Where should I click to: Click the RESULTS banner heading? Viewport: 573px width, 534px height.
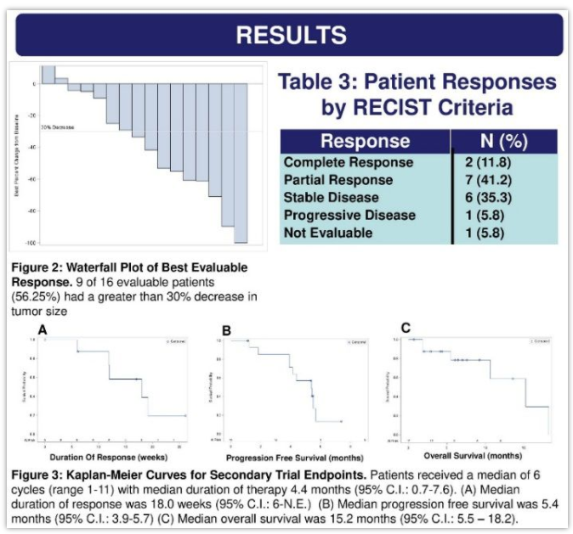291,36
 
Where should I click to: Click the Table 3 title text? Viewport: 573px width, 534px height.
417,95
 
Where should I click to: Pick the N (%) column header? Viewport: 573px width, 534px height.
502,141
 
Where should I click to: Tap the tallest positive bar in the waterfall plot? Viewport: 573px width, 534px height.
48,76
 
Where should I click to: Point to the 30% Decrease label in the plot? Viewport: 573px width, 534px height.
57,126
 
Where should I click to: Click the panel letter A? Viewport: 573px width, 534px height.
41,329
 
